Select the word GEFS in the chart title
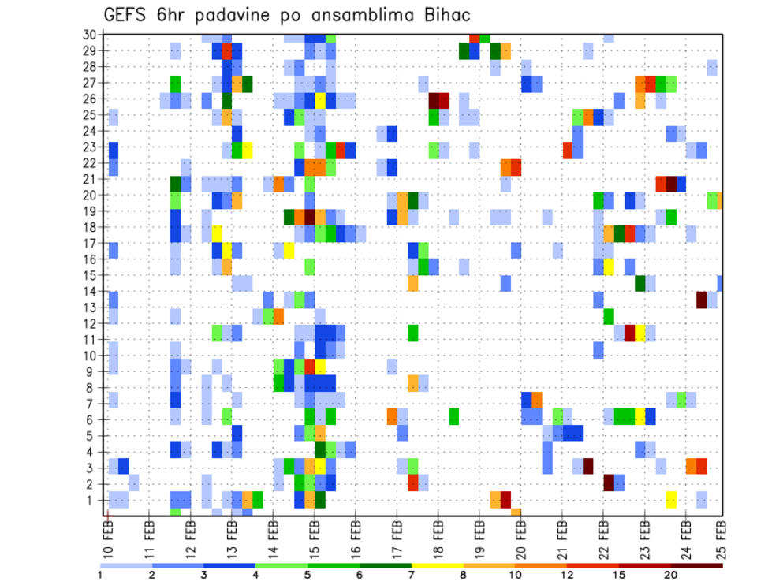128,16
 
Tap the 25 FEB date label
720,535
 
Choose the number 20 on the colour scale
671,575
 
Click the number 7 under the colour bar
412,575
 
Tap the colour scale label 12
568,575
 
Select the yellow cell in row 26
320,100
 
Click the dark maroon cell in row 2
609,483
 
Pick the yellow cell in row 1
671,499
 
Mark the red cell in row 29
227,51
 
